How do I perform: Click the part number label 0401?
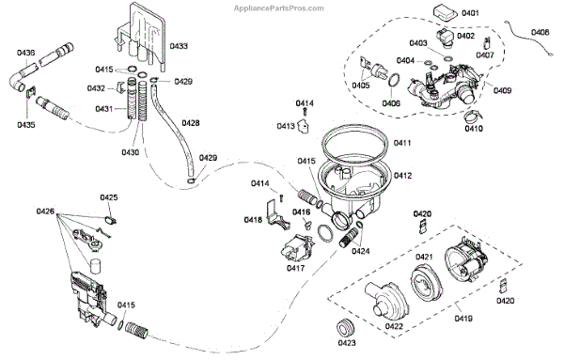(x=470, y=13)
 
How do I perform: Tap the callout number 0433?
(x=179, y=46)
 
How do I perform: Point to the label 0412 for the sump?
(x=402, y=176)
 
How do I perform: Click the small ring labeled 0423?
(x=346, y=327)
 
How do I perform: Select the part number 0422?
(x=394, y=326)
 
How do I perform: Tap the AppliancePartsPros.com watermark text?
(x=279, y=8)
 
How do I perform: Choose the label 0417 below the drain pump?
(x=296, y=268)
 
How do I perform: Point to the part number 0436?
(x=26, y=53)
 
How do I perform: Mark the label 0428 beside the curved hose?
(x=190, y=123)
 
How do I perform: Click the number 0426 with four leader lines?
(x=45, y=211)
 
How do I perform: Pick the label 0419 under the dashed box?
(x=463, y=319)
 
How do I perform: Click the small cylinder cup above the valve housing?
(x=95, y=267)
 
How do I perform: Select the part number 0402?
(x=466, y=36)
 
